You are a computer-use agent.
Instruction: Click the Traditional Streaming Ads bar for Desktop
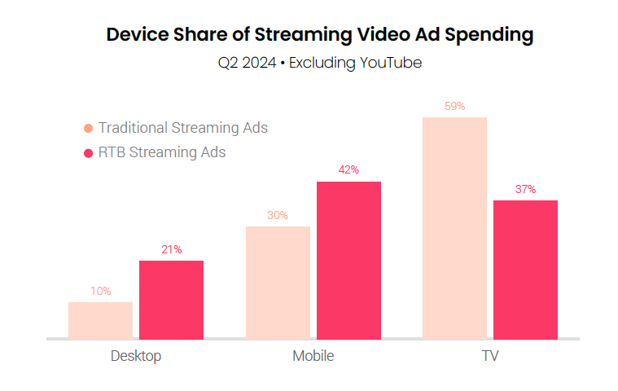[x=100, y=320]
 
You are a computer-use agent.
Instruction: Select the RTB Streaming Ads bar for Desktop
[x=171, y=299]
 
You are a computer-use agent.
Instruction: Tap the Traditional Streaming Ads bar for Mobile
[x=278, y=282]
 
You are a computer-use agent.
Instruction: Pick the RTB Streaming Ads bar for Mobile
[x=348, y=260]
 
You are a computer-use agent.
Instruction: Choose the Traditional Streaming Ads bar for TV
[x=454, y=227]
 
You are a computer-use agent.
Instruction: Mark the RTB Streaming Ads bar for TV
[x=525, y=269]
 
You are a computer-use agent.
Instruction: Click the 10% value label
[x=101, y=291]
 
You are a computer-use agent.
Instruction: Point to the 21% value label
[x=171, y=249]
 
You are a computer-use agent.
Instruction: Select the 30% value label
[x=278, y=215]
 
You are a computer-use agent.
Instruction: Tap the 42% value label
[x=348, y=169]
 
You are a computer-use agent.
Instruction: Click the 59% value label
[x=454, y=106]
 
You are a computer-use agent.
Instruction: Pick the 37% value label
[x=525, y=189]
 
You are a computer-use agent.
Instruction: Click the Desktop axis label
[x=136, y=356]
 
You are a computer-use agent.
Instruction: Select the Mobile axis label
[x=313, y=356]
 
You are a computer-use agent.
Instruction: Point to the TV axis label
[x=490, y=356]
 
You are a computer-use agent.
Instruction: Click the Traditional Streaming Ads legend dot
[x=88, y=128]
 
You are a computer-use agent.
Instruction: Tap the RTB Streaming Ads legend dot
[x=88, y=152]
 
